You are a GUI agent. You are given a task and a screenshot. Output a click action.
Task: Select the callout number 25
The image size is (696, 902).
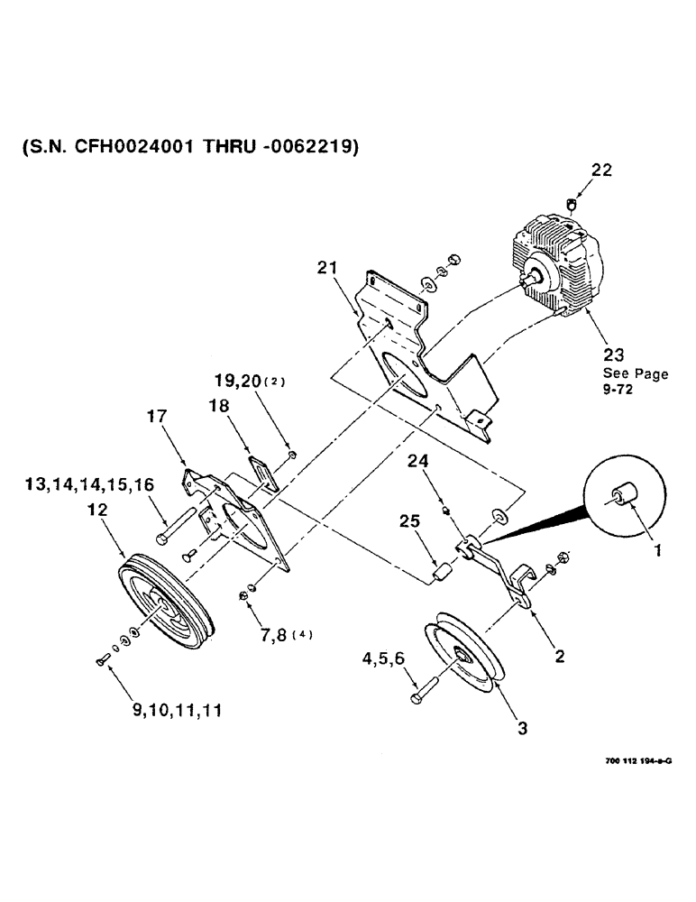coord(410,521)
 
